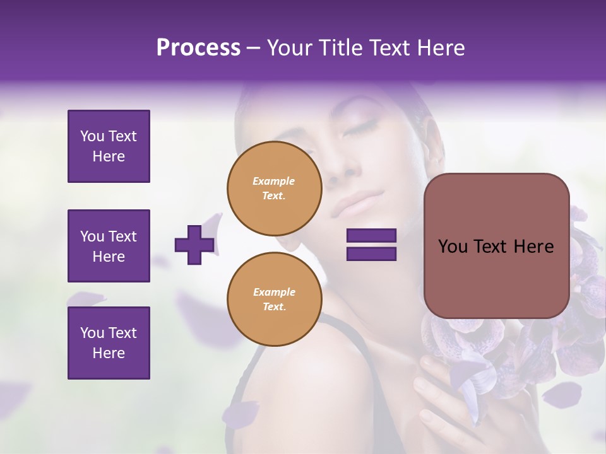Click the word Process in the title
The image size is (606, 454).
pos(198,48)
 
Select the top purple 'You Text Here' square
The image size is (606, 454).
pos(109,146)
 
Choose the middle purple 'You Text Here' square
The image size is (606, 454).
pos(109,246)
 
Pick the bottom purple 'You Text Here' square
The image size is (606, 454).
pos(109,342)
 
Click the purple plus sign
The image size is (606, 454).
pos(194,245)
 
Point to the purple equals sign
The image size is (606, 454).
pos(371,245)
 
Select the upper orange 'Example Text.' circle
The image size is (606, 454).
pos(274,189)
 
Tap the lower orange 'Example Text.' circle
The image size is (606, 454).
pos(274,300)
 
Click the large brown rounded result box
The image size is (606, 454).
pos(496,246)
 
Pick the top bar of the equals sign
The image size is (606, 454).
pos(371,236)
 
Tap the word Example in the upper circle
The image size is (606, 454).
pos(274,181)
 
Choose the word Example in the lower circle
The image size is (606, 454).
pos(274,292)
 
